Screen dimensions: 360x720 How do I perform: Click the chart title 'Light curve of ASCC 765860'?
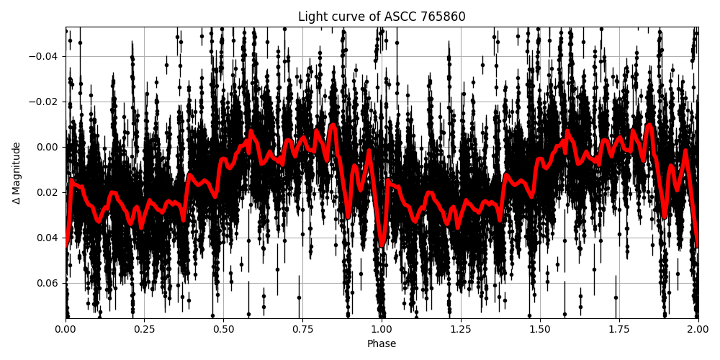(x=382, y=17)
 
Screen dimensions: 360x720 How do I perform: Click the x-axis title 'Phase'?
(x=382, y=344)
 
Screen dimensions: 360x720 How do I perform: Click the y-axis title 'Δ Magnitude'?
(x=17, y=173)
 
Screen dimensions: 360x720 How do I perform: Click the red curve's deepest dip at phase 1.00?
(x=382, y=245)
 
